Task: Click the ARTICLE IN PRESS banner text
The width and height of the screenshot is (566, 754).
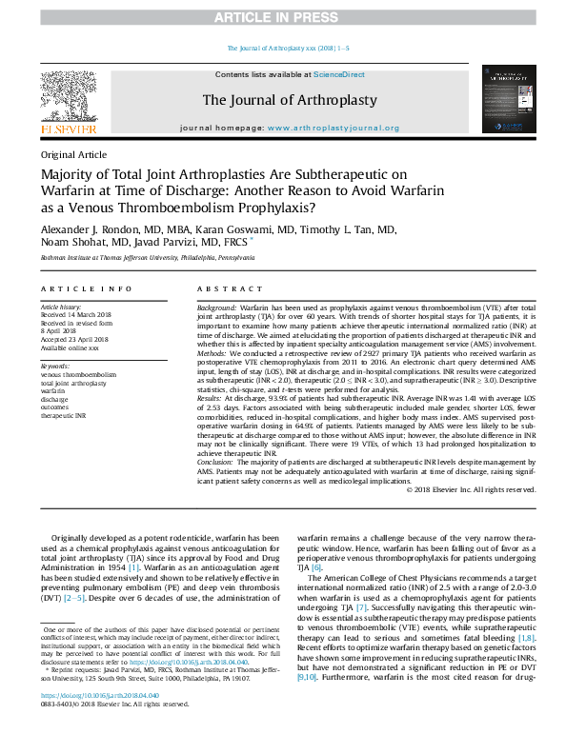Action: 283,18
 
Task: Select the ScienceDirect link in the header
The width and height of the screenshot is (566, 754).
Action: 339,74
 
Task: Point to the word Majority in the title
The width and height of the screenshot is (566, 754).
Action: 71,175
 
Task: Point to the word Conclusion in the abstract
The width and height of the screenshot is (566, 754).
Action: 218,462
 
